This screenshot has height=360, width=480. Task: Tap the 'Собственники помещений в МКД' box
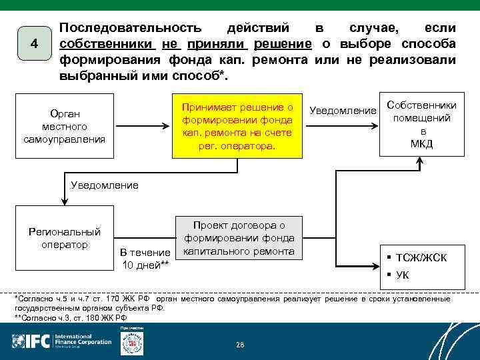(421, 125)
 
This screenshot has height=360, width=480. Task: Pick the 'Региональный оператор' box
(64, 238)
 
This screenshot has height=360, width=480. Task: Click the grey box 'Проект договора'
(239, 238)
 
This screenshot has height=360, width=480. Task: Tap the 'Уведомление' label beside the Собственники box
(343, 109)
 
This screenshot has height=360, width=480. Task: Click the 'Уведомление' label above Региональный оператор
(105, 185)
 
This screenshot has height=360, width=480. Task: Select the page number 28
(240, 344)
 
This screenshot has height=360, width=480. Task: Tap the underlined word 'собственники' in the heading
(107, 44)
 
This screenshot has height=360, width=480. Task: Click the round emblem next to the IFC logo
(131, 342)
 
